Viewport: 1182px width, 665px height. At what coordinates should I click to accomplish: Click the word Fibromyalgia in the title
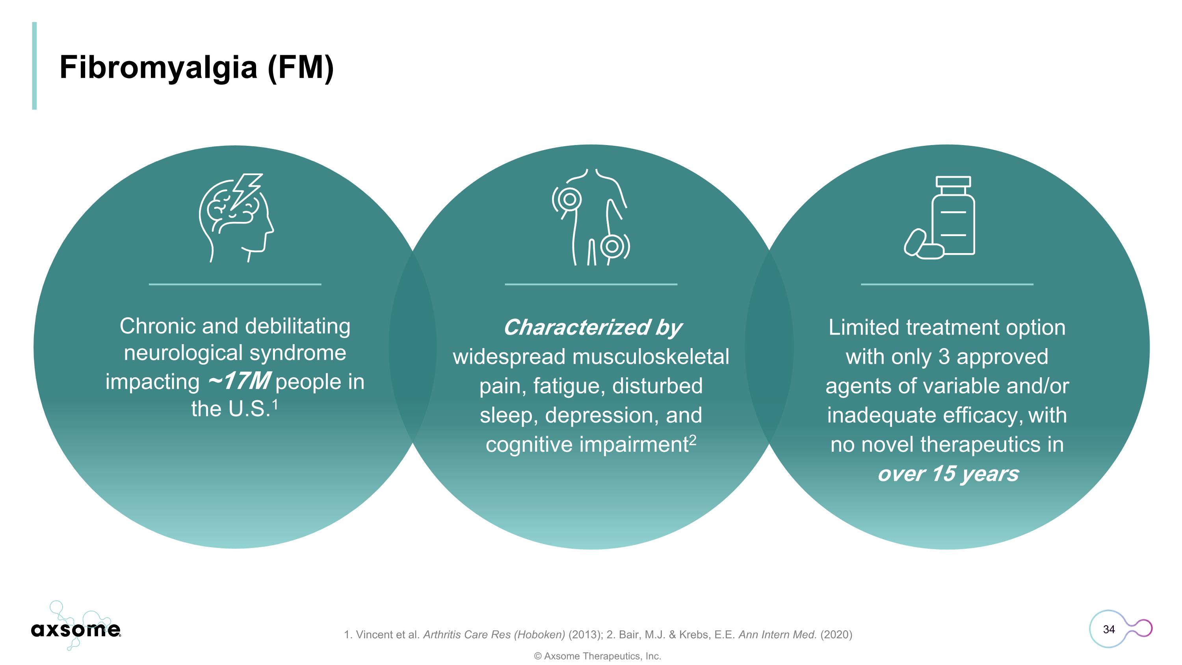coord(158,68)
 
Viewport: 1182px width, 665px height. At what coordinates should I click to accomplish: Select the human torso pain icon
coord(591,217)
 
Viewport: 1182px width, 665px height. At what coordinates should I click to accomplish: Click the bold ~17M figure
coord(239,381)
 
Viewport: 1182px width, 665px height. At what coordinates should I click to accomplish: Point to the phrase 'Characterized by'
coord(592,328)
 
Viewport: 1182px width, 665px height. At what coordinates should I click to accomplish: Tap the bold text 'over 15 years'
coord(948,474)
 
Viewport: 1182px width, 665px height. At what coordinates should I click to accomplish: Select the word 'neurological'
coord(183,353)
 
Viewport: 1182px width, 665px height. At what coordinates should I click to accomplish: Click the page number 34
coord(1109,629)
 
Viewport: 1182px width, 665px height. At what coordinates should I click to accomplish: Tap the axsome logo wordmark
coord(76,629)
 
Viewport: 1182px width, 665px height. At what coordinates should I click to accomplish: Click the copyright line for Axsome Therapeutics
coord(597,656)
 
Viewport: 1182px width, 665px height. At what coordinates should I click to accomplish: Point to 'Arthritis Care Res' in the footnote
coord(466,635)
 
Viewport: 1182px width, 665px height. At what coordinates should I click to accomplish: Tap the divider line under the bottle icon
coord(947,285)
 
